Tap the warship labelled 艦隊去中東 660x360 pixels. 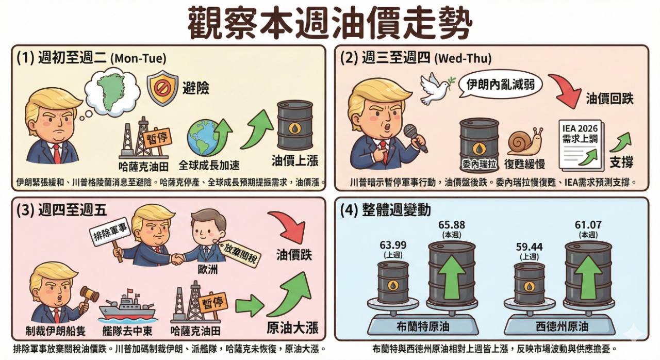click(x=127, y=307)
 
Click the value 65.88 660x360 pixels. click(x=452, y=225)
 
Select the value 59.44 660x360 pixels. click(x=530, y=247)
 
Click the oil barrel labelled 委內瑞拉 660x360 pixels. click(x=479, y=144)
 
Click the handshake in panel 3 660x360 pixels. click(x=177, y=258)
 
